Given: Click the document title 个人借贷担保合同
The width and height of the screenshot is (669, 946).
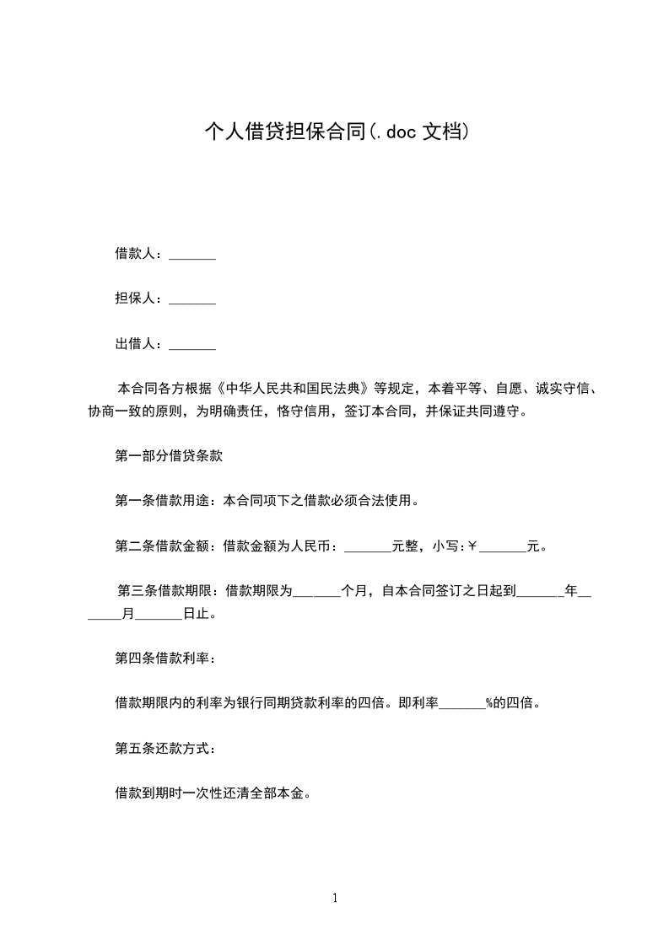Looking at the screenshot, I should pyautogui.click(x=285, y=132).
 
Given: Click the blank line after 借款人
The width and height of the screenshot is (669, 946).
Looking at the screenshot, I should pyautogui.click(x=192, y=254).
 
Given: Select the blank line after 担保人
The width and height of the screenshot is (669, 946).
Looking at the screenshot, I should pyautogui.click(x=192, y=298).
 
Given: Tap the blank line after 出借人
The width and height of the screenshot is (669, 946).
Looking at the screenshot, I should pyautogui.click(x=192, y=344).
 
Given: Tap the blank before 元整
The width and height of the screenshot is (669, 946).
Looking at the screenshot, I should pyautogui.click(x=369, y=546).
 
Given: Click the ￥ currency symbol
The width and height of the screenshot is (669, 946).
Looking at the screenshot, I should pyautogui.click(x=472, y=546).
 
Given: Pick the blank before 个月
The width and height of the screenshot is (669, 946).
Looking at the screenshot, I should pyautogui.click(x=316, y=592).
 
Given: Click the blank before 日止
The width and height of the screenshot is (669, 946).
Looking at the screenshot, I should pyautogui.click(x=159, y=614).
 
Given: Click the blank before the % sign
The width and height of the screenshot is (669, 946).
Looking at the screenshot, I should pyautogui.click(x=461, y=703).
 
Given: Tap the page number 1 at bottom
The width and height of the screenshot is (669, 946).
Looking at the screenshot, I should pyautogui.click(x=335, y=899).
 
